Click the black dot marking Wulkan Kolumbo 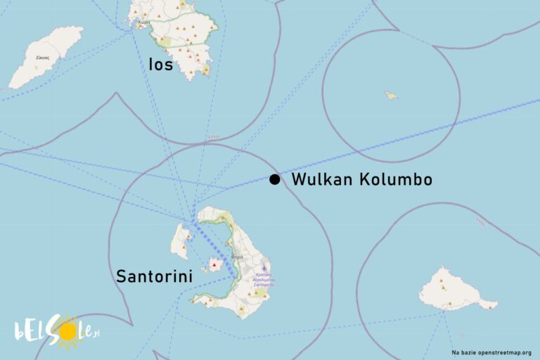[274, 179]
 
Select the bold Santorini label [155, 277]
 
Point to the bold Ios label [160, 65]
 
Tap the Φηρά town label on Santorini [237, 257]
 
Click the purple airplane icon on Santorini [264, 268]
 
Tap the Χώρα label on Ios [143, 21]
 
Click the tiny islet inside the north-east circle [390, 95]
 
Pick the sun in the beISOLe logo [68, 332]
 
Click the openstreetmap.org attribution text [491, 352]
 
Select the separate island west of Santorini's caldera [180, 240]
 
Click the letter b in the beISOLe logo [20, 330]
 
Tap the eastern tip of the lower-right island [496, 304]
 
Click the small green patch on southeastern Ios [205, 70]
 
